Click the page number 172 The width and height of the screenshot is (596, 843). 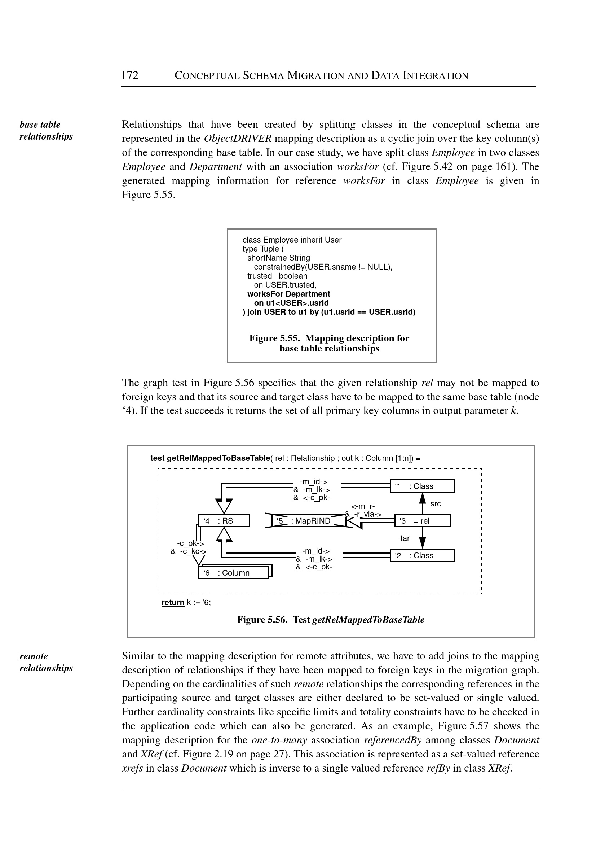click(x=130, y=75)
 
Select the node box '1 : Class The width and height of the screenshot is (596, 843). click(x=422, y=486)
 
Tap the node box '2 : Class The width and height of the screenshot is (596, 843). click(x=422, y=555)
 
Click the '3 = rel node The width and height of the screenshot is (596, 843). click(x=422, y=520)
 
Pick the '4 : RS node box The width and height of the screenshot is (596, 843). click(x=224, y=520)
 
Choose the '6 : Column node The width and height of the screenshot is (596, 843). click(x=233, y=573)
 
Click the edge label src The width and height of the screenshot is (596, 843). click(x=435, y=503)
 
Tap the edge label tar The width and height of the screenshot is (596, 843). click(x=405, y=538)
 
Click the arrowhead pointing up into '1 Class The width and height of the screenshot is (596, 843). click(x=423, y=498)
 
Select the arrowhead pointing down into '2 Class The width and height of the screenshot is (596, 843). click(x=423, y=543)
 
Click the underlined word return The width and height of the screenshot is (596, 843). click(x=173, y=602)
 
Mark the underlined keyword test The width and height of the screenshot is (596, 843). click(x=158, y=458)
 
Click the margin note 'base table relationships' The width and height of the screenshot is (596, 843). click(x=46, y=130)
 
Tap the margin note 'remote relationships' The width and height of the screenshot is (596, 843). click(x=46, y=662)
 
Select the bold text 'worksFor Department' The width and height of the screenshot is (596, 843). click(x=288, y=294)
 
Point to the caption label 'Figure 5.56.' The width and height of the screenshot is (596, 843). click(x=262, y=620)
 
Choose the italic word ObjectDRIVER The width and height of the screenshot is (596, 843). click(x=238, y=139)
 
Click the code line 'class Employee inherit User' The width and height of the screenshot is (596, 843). click(x=292, y=240)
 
